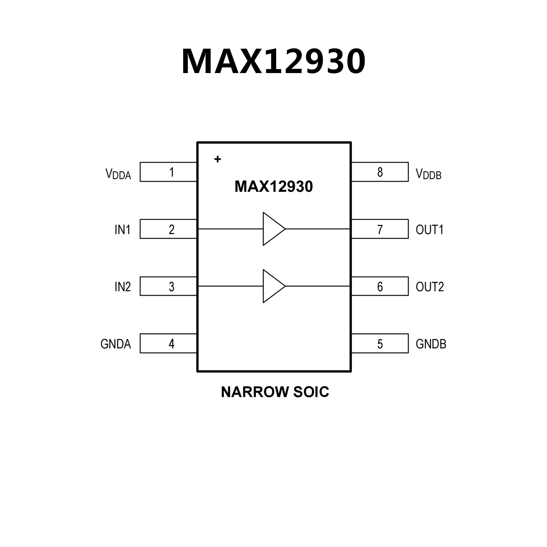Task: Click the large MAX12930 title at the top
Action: (273, 61)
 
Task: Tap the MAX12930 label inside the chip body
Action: (273, 186)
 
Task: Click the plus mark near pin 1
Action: (218, 159)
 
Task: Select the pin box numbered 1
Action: (168, 172)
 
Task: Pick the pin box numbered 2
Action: (168, 229)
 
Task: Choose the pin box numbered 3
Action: (168, 286)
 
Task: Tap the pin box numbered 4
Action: (168, 344)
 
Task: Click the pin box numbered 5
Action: (380, 344)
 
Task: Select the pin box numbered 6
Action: (380, 286)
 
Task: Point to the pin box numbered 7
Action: (380, 229)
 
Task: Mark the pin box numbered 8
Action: (380, 172)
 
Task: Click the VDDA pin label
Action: (118, 174)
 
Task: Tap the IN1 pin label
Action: (123, 229)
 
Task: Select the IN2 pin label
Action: (123, 287)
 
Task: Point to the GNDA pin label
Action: (116, 344)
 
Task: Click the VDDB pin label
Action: (429, 174)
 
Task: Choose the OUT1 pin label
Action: (430, 229)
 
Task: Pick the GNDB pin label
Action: (431, 344)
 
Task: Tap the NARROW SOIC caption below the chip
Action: (275, 392)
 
